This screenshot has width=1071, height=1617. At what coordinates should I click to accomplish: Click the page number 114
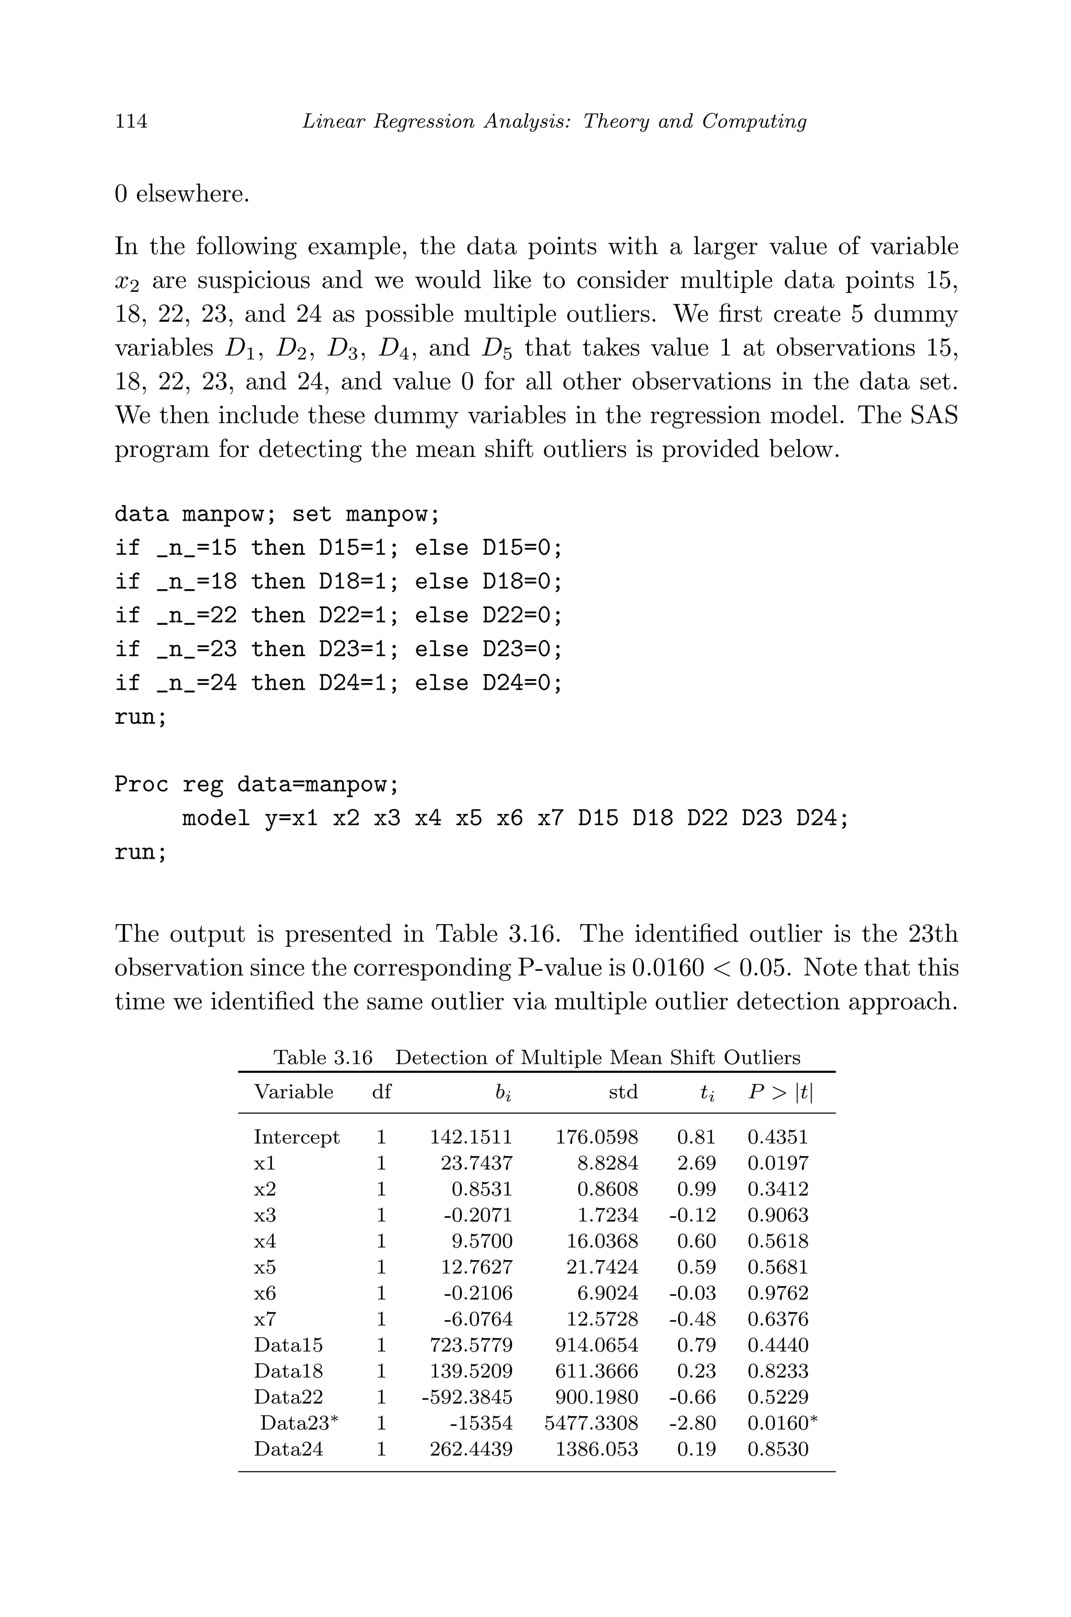pyautogui.click(x=131, y=121)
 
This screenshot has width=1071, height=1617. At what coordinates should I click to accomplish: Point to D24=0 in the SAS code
pyautogui.click(x=522, y=683)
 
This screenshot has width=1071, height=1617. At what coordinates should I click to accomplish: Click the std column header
pyautogui.click(x=623, y=1092)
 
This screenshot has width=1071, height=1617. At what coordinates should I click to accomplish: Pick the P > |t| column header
pyautogui.click(x=780, y=1092)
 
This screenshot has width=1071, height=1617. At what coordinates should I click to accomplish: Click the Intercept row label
pyautogui.click(x=297, y=1137)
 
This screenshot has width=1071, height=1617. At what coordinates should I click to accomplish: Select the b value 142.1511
pyautogui.click(x=471, y=1137)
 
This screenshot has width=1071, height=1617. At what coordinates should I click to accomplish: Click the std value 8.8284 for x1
pyautogui.click(x=607, y=1163)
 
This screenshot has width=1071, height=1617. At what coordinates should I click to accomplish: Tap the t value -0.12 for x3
pyautogui.click(x=692, y=1215)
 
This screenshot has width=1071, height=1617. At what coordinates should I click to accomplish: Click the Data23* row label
pyautogui.click(x=299, y=1423)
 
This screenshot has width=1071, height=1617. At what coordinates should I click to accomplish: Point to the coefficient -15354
pyautogui.click(x=481, y=1423)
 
